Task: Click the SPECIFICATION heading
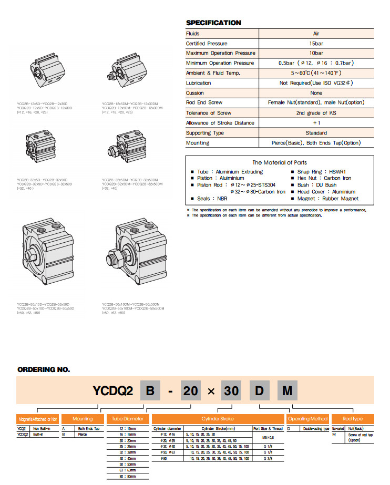click(x=213, y=23)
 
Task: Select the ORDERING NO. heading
click(x=44, y=369)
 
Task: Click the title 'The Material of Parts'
click(x=279, y=162)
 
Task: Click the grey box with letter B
click(x=150, y=391)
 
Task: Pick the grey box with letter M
click(x=287, y=391)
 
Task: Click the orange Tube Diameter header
click(x=128, y=419)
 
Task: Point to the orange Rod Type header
click(x=352, y=419)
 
